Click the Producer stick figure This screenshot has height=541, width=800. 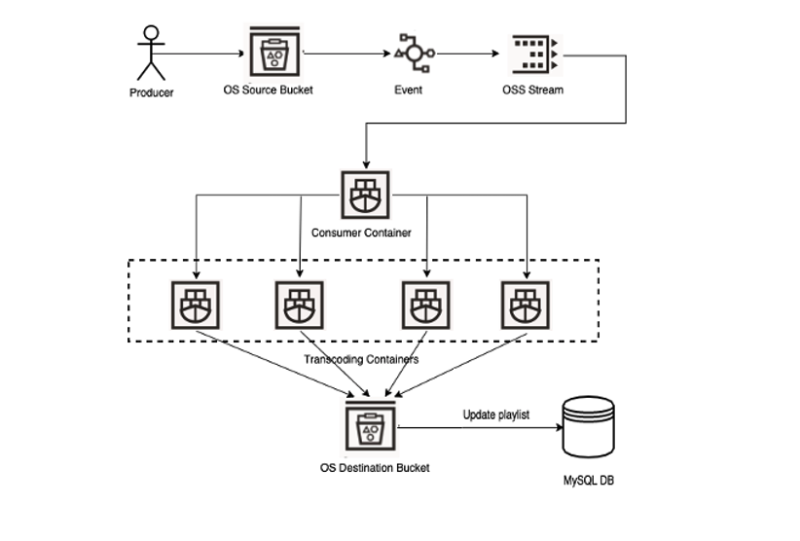point(151,53)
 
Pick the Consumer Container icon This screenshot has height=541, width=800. point(365,196)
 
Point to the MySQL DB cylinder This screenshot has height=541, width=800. point(589,429)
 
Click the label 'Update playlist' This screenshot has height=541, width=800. point(495,415)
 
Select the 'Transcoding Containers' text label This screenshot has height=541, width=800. point(361,359)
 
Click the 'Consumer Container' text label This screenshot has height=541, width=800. point(360,234)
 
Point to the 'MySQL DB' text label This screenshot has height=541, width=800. point(590,481)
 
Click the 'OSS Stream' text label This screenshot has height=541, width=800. point(533,90)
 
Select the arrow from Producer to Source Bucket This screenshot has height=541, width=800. point(205,54)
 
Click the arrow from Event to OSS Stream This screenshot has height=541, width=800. point(468,54)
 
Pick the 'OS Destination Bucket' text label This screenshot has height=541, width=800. point(375,468)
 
